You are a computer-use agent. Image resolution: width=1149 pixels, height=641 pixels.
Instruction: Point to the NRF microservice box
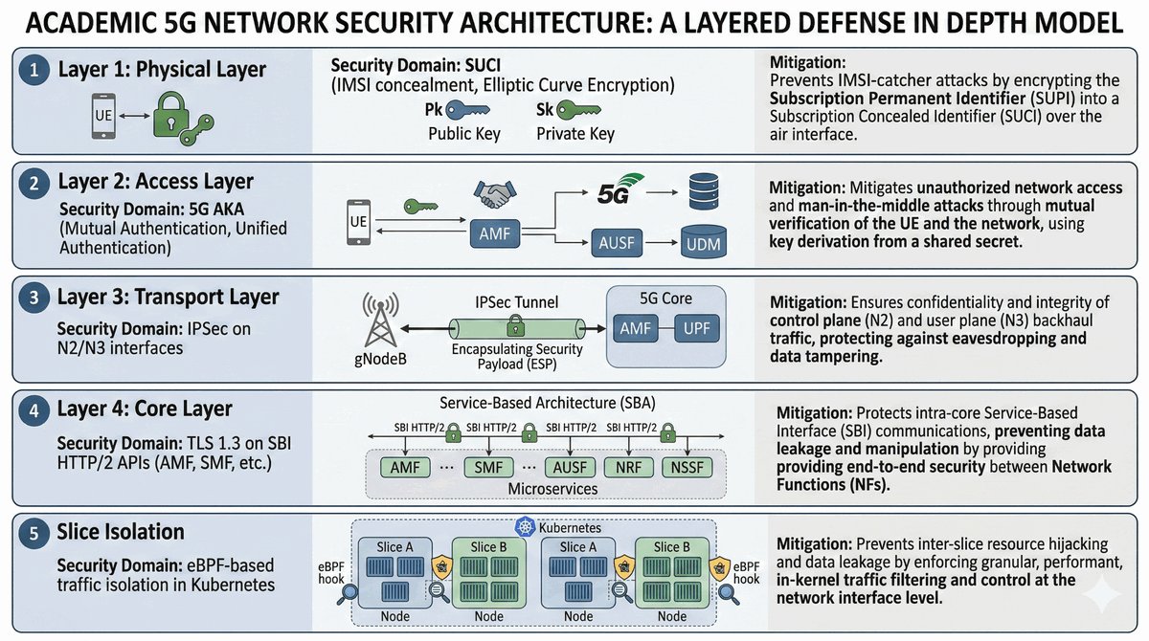pyautogui.click(x=629, y=469)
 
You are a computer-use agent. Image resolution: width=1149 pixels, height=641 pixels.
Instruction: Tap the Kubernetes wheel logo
pyautogui.click(x=525, y=527)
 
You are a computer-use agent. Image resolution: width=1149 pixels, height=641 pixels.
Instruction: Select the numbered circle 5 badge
pyautogui.click(x=34, y=532)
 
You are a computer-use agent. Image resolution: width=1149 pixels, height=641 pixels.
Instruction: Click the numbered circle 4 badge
pyautogui.click(x=34, y=409)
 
